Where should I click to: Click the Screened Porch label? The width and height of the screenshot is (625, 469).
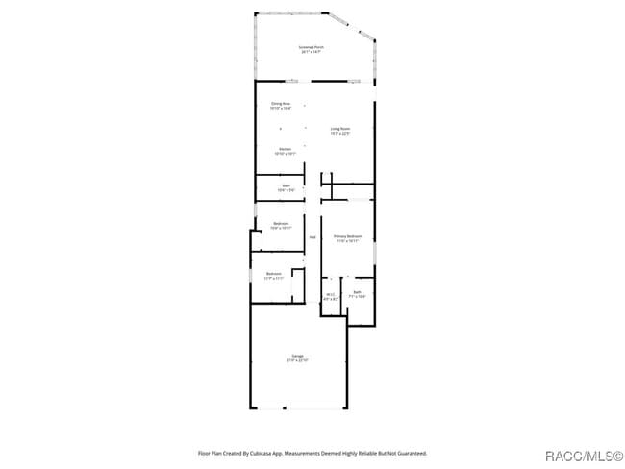[312, 46]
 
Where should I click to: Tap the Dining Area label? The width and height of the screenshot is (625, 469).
[280, 103]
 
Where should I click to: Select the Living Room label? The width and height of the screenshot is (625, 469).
[339, 128]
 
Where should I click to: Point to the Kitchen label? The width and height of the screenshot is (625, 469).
[286, 149]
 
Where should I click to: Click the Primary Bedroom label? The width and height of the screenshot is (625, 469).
[347, 235]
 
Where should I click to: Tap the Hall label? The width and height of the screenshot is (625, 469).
[312, 236]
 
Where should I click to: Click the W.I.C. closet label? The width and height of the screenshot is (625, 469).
[330, 294]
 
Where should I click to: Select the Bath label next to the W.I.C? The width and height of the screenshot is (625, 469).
[357, 292]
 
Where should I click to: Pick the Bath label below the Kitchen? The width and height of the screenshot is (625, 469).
[286, 185]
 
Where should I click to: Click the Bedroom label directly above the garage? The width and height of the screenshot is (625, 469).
[273, 274]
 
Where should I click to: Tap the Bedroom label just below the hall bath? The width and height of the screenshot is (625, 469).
[280, 224]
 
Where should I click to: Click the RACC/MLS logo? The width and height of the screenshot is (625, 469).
[583, 455]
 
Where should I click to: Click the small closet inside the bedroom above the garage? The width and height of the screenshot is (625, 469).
[298, 285]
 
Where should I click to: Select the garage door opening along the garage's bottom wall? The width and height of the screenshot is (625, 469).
[298, 408]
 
